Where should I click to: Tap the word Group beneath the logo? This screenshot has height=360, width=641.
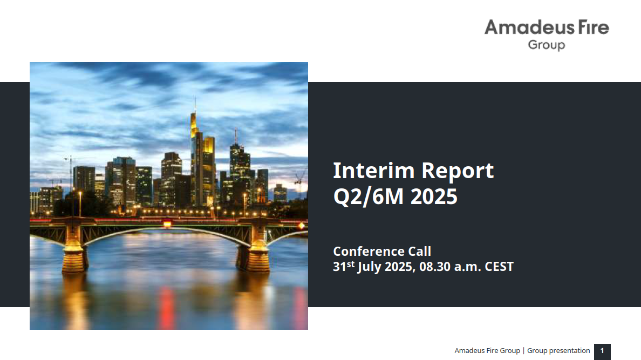coord(547,45)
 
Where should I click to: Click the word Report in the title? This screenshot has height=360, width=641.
coord(458,172)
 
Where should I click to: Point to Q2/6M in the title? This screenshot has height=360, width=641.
coord(369,197)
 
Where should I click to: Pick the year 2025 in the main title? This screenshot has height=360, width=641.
coord(434,197)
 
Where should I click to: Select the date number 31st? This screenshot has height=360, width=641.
coord(344,266)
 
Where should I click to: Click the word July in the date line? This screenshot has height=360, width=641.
coord(369,267)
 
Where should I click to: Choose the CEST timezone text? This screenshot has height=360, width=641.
coord(499,267)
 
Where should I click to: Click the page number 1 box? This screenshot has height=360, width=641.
coord(602,351)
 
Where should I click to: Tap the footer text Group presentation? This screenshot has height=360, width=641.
coord(558,351)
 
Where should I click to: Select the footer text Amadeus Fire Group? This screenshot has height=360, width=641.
coord(487,351)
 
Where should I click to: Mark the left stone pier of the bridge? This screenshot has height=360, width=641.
coord(74,247)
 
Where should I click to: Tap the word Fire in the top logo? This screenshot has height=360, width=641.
coord(594,28)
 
